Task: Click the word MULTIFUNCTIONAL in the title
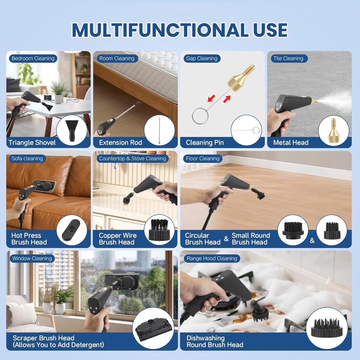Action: point(160,30)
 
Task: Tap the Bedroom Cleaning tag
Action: point(33,58)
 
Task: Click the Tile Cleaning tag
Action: point(288,58)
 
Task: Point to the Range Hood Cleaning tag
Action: point(212,259)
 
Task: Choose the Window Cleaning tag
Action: point(32,259)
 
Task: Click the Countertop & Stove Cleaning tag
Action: point(133,159)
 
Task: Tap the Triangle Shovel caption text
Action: point(32,143)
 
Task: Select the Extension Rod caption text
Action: point(121,143)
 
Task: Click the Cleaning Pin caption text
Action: point(205,143)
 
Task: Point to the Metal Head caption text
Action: point(291,143)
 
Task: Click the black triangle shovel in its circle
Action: point(72,131)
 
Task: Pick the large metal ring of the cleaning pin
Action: point(192,116)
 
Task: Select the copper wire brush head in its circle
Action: point(159,229)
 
